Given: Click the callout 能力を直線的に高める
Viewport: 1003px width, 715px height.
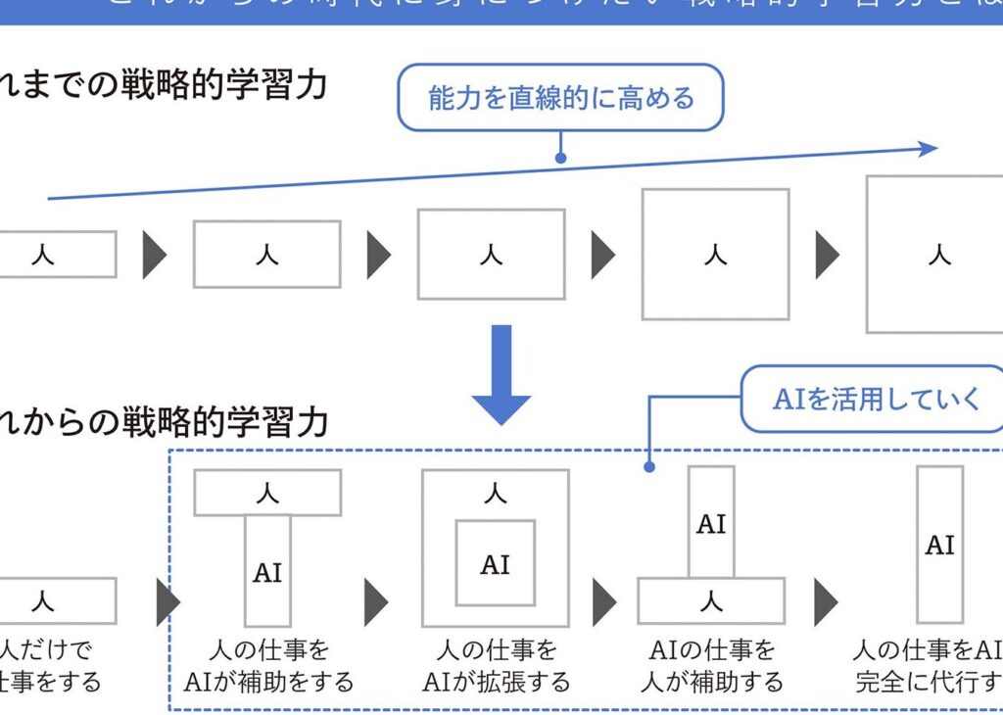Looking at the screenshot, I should (x=560, y=97).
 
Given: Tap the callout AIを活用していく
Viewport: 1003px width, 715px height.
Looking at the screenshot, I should (x=876, y=399).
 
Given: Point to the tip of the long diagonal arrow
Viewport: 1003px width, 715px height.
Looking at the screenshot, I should (x=935, y=148).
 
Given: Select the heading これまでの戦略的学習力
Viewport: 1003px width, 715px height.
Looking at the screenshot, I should (x=163, y=85).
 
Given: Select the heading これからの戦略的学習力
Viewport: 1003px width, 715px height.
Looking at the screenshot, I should (x=163, y=422).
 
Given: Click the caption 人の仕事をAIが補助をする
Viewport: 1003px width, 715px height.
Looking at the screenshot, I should (x=268, y=665).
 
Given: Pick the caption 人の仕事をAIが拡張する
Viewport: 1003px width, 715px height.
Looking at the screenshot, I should (x=495, y=665).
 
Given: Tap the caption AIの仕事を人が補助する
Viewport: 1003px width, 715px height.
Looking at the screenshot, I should (x=712, y=665).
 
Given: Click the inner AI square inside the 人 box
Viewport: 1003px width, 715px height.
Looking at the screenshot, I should (x=495, y=563).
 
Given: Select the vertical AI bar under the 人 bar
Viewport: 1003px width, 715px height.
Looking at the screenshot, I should (x=267, y=571).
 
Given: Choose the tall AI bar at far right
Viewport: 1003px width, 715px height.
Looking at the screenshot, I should (x=939, y=544).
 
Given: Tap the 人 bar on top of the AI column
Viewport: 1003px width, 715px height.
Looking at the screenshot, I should (x=267, y=493).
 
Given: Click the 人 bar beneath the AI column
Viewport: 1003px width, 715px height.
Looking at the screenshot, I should (x=711, y=600).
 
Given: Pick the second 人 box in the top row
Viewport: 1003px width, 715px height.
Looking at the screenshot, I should (x=266, y=254).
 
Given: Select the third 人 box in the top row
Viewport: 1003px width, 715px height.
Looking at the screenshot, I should (x=491, y=254).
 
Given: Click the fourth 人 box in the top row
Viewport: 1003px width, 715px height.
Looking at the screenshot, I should (x=715, y=254).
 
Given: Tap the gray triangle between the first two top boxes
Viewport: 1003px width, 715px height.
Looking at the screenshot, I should (x=154, y=255).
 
